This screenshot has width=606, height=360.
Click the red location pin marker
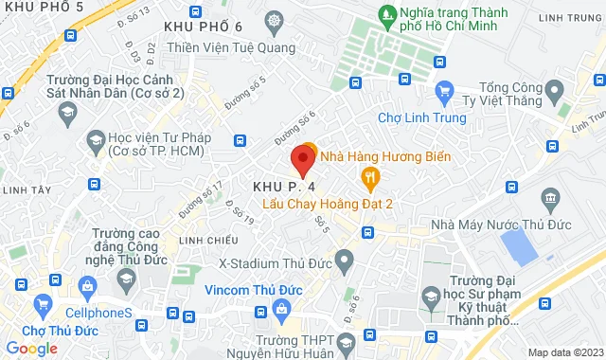[x=303, y=159]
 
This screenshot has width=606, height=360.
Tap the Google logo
[x=31, y=349]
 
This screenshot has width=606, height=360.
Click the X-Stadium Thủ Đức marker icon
[x=345, y=258]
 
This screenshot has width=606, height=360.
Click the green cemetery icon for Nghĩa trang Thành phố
[x=387, y=15]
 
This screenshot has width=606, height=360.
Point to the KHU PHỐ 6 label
[x=203, y=27]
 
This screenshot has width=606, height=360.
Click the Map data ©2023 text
[x=564, y=352]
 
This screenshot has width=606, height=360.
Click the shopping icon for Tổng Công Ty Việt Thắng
[x=445, y=91]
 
